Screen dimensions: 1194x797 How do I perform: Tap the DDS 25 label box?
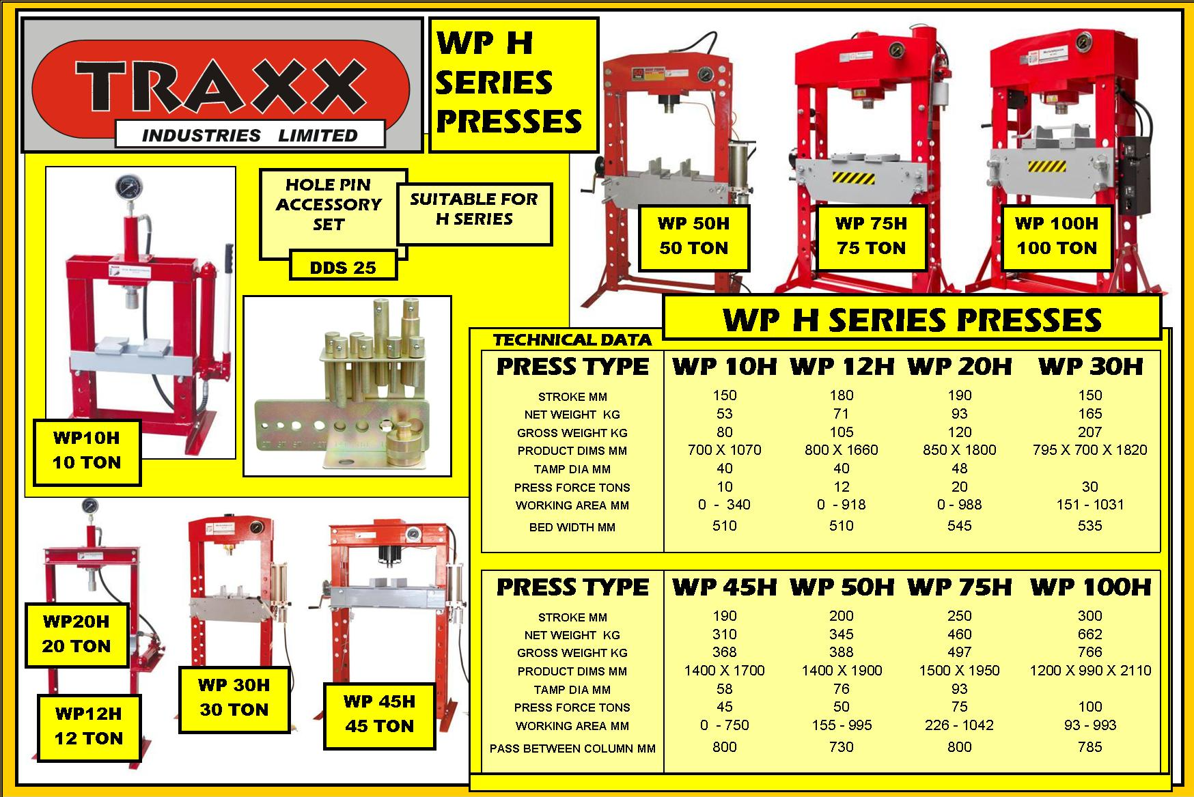coord(343,267)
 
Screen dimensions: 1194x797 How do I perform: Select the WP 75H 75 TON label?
coord(871,236)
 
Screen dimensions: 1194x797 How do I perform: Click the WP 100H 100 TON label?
coord(1056,236)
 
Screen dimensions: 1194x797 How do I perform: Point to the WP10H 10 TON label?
coord(87,451)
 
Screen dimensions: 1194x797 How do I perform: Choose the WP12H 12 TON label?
coord(89,727)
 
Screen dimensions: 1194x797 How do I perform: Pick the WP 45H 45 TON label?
coord(379,714)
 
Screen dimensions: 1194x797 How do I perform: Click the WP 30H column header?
coord(1090,367)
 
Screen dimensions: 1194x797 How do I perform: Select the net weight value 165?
coord(1090,414)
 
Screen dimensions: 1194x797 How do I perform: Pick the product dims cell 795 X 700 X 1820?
coord(1090,450)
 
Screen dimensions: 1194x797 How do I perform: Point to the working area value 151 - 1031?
coord(1090,505)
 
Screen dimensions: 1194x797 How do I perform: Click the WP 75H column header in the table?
coord(960,587)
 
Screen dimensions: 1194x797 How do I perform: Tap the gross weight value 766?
coord(1090,652)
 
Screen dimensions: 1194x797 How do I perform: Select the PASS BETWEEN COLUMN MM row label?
coord(572,749)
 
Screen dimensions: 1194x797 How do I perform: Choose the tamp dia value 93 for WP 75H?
coord(960,689)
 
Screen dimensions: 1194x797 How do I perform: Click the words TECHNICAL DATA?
coord(572,339)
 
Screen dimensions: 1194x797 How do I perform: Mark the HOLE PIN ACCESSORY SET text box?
coord(329,205)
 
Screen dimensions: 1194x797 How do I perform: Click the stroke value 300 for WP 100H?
coord(1090,616)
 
